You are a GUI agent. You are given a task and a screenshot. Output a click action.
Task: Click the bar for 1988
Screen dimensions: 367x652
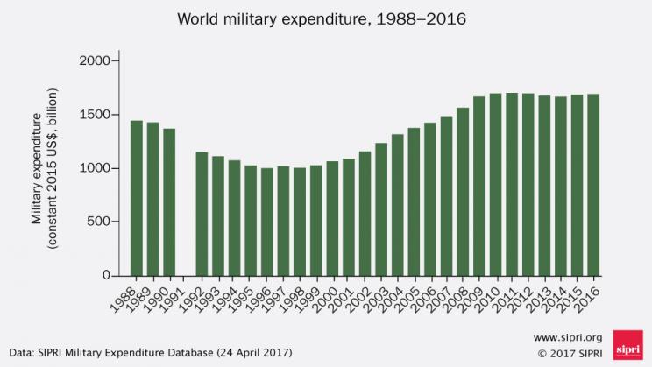[137, 198]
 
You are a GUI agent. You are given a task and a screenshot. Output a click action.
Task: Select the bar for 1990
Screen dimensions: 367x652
[169, 202]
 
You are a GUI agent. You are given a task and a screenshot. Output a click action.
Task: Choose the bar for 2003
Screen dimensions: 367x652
[381, 209]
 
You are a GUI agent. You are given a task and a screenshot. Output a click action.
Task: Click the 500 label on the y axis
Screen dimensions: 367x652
[99, 222]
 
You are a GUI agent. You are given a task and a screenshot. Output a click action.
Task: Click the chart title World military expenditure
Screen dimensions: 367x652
[325, 18]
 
